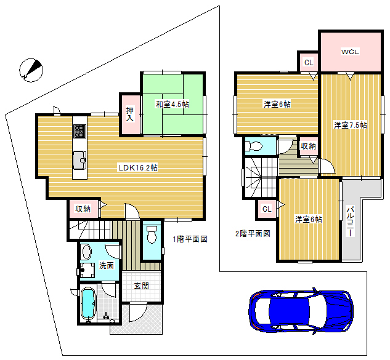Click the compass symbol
[31, 70]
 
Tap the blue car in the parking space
[301, 311]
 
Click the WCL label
[350, 52]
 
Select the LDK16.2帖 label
[138, 168]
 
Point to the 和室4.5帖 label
[172, 104]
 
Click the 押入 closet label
[129, 114]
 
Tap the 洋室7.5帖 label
[350, 125]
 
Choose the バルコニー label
[350, 221]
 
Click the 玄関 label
[142, 286]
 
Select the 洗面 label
[107, 265]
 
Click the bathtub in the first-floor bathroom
[88, 303]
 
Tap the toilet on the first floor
[152, 234]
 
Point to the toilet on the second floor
[254, 146]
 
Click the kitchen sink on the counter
[79, 160]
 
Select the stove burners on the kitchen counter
[80, 132]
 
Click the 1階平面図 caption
[190, 239]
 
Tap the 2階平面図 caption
[253, 234]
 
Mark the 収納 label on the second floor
[309, 146]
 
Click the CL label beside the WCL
[309, 62]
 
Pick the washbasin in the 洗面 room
[87, 252]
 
